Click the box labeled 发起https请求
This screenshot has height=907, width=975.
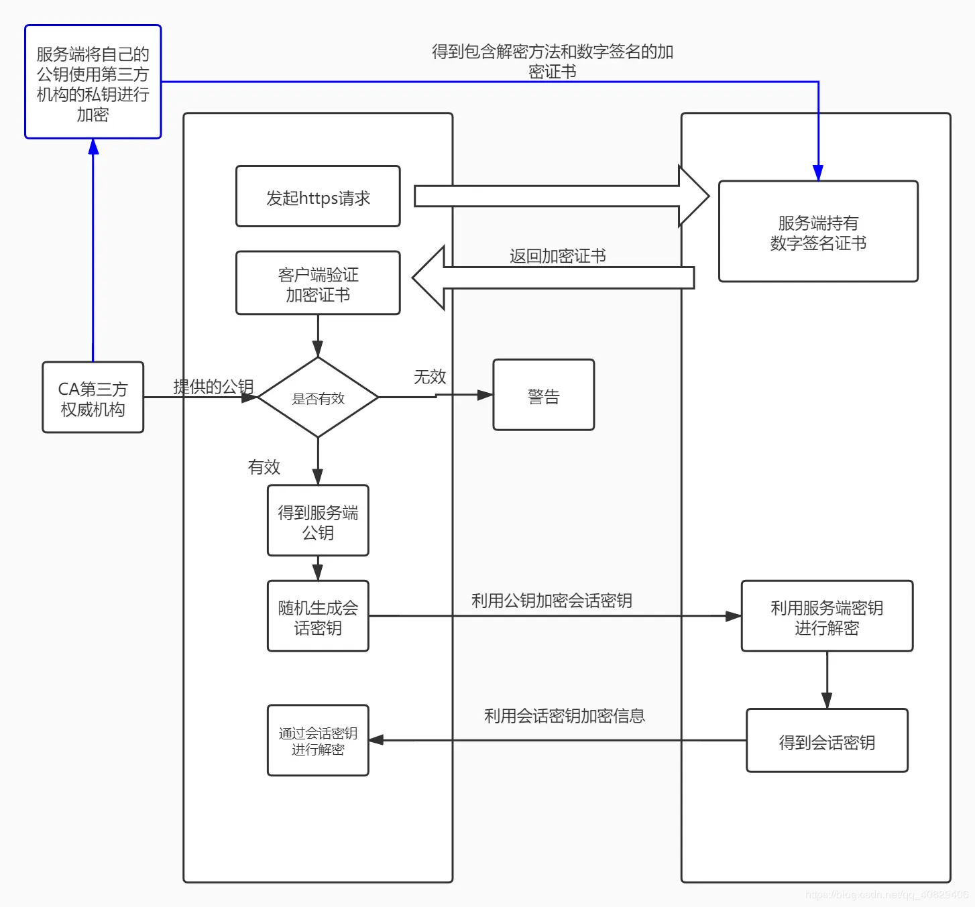(x=318, y=196)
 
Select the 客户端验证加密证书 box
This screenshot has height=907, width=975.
(x=318, y=284)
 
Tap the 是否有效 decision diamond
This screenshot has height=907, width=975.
(x=318, y=398)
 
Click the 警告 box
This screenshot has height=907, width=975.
(x=543, y=396)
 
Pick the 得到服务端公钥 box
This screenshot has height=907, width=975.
(x=318, y=521)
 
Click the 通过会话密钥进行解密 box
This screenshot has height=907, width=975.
(x=318, y=741)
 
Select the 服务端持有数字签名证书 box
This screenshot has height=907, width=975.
(x=818, y=232)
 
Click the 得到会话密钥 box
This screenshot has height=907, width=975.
(x=827, y=741)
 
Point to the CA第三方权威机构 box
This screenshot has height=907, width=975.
(x=93, y=398)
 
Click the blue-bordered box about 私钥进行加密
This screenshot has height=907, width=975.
(x=93, y=82)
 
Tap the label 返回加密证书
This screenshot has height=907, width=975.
(x=557, y=256)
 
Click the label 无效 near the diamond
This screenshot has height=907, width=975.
(x=430, y=377)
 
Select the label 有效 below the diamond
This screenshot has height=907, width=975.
(x=264, y=467)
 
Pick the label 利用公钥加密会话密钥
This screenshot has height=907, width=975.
(x=551, y=601)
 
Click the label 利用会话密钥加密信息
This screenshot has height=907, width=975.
(x=564, y=716)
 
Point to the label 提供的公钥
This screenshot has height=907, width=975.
(x=213, y=387)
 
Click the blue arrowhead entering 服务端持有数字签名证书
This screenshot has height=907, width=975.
(x=818, y=173)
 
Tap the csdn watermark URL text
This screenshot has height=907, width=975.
(x=886, y=894)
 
